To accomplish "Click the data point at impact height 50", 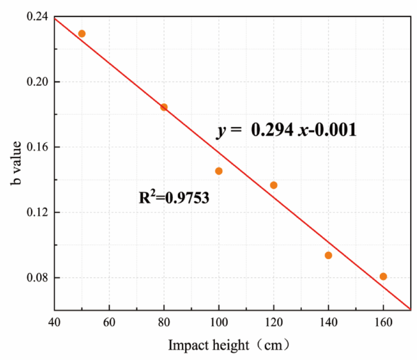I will (82, 33).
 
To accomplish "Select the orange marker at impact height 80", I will (164, 107).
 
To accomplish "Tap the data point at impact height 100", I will (219, 171).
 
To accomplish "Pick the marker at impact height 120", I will (273, 185).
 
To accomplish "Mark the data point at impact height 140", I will (328, 255).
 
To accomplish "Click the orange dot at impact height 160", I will (383, 276).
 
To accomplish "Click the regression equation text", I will (286, 130).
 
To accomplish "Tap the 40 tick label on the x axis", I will (54, 322).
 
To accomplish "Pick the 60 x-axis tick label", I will (109, 322).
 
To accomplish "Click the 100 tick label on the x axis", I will (219, 322).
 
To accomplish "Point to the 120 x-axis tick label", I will (273, 322).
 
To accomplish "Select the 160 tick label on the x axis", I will (383, 322).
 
